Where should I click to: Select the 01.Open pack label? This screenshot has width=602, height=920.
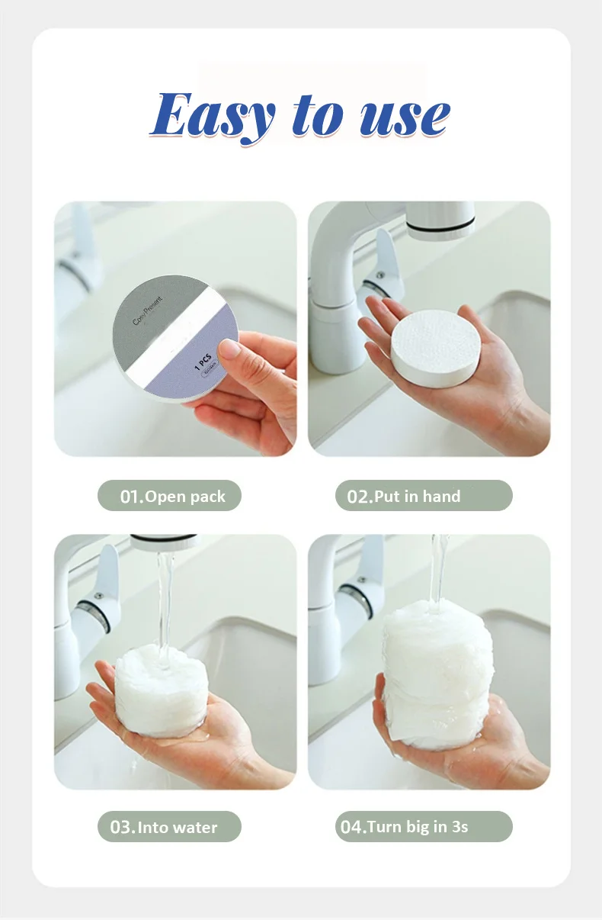pos(169,496)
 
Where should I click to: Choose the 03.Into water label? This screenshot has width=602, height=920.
pos(169,827)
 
